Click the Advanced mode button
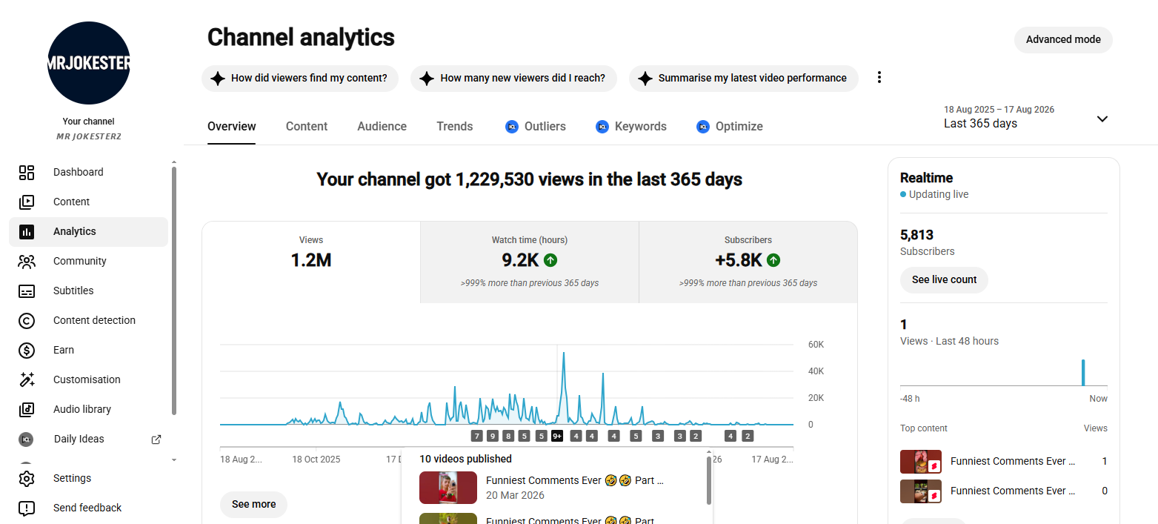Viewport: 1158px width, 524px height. pos(1063,40)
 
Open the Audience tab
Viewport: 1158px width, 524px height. pos(382,126)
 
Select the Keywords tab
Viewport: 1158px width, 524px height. pos(631,126)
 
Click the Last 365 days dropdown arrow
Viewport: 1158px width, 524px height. pos(1102,119)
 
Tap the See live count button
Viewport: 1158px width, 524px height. pos(944,280)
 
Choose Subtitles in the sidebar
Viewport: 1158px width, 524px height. pos(73,291)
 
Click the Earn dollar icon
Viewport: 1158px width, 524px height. pos(27,350)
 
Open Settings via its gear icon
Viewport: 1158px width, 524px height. pos(27,479)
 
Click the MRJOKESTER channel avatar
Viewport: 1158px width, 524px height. pos(88,62)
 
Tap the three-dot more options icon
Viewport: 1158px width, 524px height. pos(879,78)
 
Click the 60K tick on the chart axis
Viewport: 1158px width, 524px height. pos(816,345)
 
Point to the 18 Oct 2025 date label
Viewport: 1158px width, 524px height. pos(316,460)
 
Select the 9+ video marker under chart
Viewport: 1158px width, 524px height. pos(556,436)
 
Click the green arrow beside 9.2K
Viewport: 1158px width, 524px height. pos(550,260)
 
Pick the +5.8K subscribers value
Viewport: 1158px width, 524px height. pos(738,260)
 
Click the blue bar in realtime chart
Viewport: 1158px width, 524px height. pos(1083,373)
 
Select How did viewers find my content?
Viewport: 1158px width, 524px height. pos(300,78)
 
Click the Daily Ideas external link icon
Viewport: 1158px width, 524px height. pos(156,440)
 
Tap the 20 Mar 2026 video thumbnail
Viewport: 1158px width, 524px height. pos(448,487)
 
